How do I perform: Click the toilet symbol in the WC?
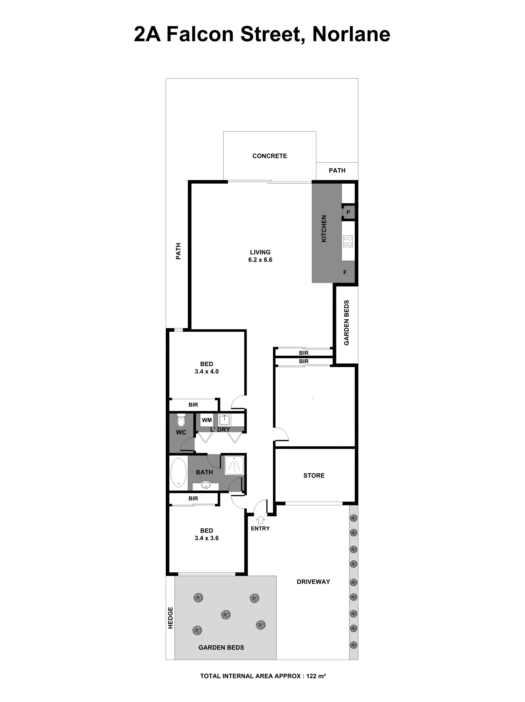click(x=181, y=421)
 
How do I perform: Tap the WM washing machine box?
click(x=207, y=420)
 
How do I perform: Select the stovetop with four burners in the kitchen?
click(x=348, y=241)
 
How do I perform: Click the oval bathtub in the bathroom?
click(x=178, y=472)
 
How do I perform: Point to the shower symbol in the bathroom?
click(x=234, y=465)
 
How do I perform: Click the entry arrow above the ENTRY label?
click(x=260, y=520)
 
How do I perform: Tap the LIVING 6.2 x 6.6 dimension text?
click(x=260, y=260)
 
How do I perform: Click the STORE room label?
click(x=314, y=475)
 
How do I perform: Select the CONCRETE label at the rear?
click(x=270, y=156)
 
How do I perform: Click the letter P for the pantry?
click(x=348, y=212)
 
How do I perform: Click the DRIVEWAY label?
click(x=313, y=581)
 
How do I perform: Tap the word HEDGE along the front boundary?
click(x=170, y=618)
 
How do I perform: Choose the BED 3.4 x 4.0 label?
click(x=206, y=368)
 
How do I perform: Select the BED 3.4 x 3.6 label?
click(x=206, y=534)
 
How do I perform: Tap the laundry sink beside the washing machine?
click(x=224, y=420)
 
